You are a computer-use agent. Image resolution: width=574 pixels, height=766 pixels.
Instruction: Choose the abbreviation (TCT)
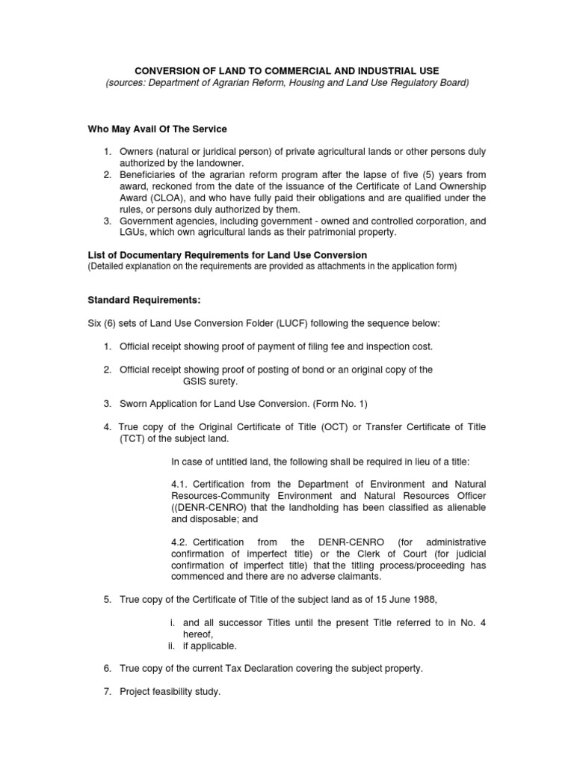132,438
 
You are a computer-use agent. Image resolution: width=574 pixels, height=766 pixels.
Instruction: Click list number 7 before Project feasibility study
108,692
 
